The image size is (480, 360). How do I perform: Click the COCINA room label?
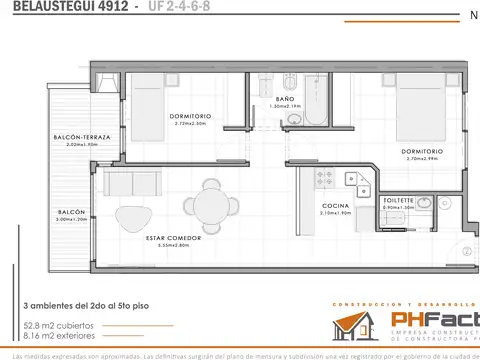pos(335,205)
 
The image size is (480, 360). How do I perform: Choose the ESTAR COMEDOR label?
pos(173,238)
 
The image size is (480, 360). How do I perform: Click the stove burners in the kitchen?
pos(324,178)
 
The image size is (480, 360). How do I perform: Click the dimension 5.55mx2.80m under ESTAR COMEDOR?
pos(173,245)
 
